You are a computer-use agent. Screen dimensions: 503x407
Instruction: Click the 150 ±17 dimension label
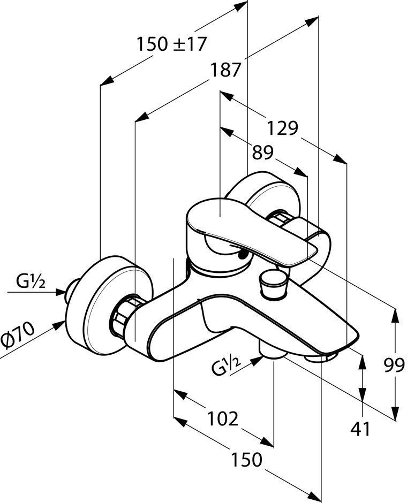tap(171, 43)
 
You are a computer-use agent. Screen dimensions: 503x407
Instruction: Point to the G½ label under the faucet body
tap(225, 368)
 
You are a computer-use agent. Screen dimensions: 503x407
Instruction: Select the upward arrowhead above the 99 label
tap(396, 316)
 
